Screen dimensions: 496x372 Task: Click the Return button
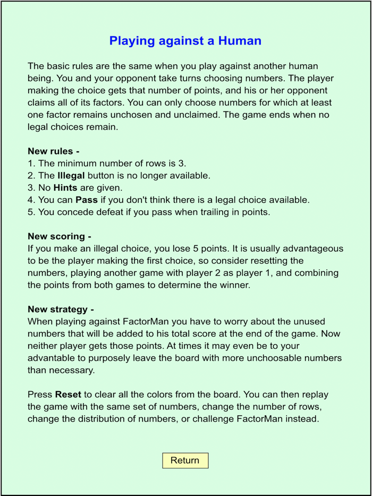(x=185, y=460)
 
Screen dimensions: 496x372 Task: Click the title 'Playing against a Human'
(x=185, y=41)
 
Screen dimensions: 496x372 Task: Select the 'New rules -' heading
(x=54, y=151)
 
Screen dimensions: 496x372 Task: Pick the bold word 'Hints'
(x=65, y=187)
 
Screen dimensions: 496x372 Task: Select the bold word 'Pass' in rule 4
(x=86, y=200)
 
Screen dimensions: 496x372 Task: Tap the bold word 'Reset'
(x=67, y=395)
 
